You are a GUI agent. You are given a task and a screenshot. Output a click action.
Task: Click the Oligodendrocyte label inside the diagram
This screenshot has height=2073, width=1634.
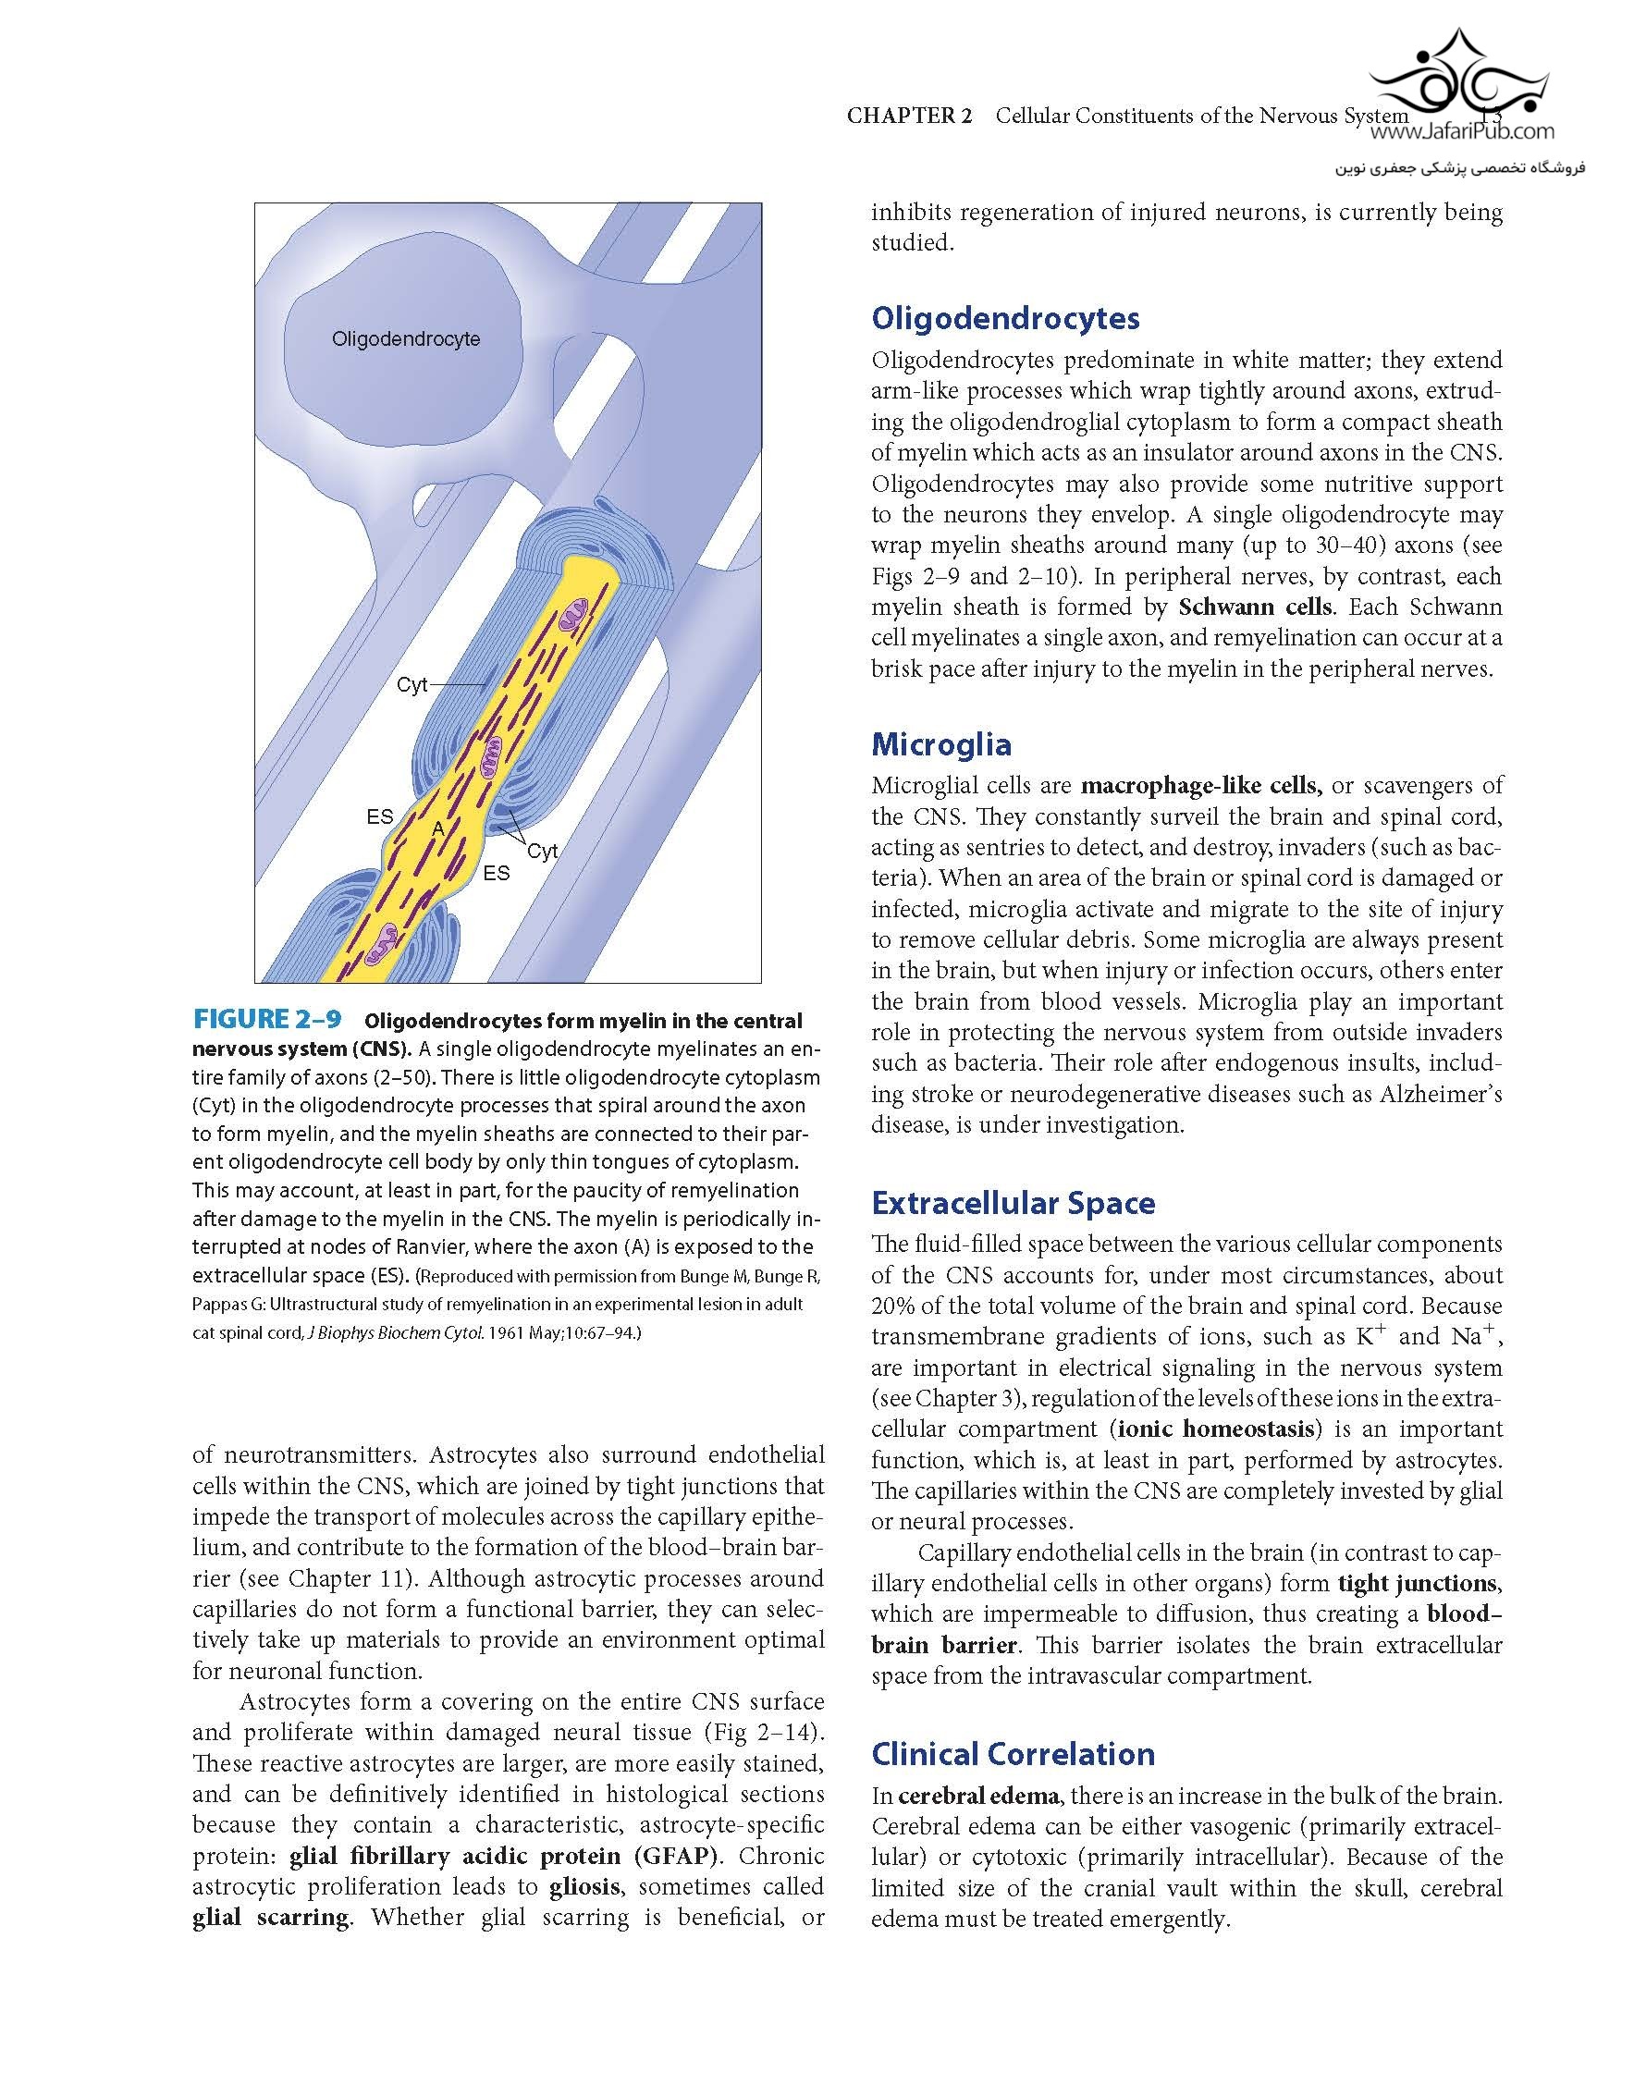[x=406, y=339]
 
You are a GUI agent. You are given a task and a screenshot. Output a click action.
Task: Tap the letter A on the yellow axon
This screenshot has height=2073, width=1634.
[x=438, y=828]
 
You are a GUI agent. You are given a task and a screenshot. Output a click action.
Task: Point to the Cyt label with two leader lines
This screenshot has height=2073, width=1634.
[x=543, y=852]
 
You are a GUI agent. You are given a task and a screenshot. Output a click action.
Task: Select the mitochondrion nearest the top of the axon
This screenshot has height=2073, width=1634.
[x=577, y=618]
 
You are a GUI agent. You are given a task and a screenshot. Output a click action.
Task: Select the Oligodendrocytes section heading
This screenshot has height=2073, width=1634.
[x=1005, y=319]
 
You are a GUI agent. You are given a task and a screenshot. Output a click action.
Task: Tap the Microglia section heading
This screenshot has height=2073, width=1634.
[x=941, y=744]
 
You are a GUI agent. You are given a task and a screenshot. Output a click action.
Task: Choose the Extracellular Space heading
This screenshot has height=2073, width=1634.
[x=1014, y=1203]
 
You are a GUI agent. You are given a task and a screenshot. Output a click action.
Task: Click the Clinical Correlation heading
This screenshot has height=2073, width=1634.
[x=1014, y=1753]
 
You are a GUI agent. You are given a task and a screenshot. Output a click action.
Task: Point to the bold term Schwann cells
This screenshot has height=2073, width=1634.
[x=1255, y=607]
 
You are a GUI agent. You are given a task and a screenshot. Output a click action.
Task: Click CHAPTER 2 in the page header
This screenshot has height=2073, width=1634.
[x=909, y=117]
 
